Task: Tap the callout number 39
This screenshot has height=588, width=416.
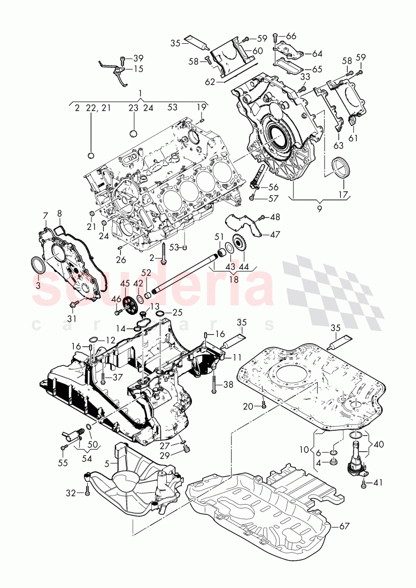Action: (138, 58)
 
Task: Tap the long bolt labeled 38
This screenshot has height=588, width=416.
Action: (213, 383)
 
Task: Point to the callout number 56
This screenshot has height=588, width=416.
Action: (273, 187)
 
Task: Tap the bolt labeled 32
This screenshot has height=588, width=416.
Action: (87, 492)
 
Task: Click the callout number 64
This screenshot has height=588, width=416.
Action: (318, 54)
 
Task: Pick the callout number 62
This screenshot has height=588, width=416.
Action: (210, 83)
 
